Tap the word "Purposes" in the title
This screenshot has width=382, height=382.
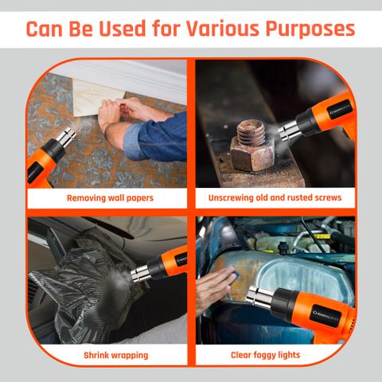(310, 29)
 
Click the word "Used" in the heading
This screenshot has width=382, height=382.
(123, 28)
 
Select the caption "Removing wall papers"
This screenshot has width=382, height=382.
(110, 198)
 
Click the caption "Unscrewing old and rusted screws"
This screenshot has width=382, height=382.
(275, 198)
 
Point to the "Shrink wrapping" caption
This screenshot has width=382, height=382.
(116, 356)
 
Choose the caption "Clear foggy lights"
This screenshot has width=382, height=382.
(265, 355)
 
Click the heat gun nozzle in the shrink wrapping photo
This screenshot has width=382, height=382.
(140, 273)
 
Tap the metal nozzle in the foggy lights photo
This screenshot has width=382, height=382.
(260, 296)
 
